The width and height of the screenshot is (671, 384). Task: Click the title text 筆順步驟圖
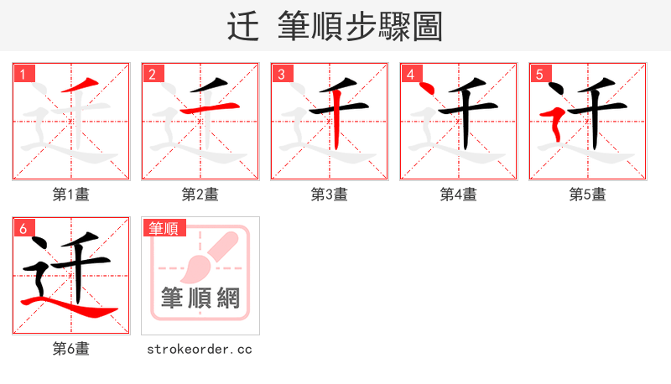coord(361,27)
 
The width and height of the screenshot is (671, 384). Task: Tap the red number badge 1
coord(23,74)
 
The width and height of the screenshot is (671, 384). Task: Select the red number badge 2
coord(153,74)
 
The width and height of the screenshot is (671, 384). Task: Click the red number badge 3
coord(282,74)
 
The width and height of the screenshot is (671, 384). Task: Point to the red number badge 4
coord(411,74)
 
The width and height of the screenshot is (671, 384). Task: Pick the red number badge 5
coord(540,74)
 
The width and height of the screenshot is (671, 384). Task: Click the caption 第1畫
coord(71,195)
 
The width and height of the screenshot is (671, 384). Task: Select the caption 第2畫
coord(200,195)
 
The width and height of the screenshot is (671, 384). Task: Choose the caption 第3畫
coord(330,195)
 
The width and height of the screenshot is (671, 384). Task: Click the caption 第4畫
coord(459,195)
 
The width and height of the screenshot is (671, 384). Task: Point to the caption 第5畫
coord(588,195)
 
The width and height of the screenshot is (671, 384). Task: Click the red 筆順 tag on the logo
coord(164,228)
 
